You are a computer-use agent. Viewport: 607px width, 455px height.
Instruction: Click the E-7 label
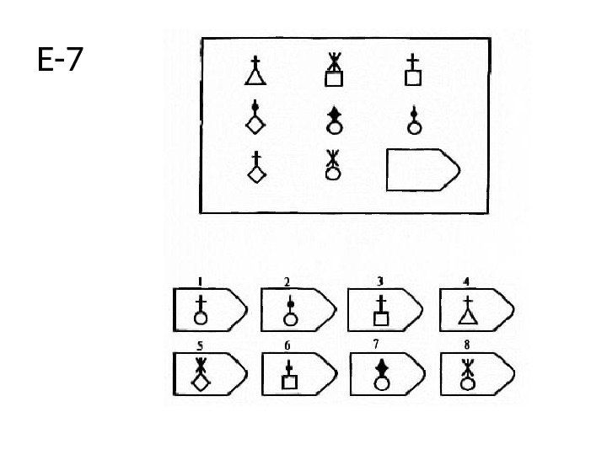tap(60, 60)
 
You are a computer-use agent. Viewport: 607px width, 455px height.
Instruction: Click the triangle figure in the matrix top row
tap(255, 72)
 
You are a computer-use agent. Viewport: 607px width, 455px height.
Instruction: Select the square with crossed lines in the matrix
tap(335, 72)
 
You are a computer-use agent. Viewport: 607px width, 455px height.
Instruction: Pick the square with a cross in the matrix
tap(413, 72)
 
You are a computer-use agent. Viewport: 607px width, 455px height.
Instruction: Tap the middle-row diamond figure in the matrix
tap(255, 118)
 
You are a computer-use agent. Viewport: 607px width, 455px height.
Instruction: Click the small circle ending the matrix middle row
tap(413, 122)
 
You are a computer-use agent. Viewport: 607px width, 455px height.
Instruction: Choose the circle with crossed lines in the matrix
tap(334, 165)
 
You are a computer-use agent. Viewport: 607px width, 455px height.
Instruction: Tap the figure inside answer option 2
tap(290, 312)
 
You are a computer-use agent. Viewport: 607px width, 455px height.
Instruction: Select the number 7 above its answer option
tap(374, 344)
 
